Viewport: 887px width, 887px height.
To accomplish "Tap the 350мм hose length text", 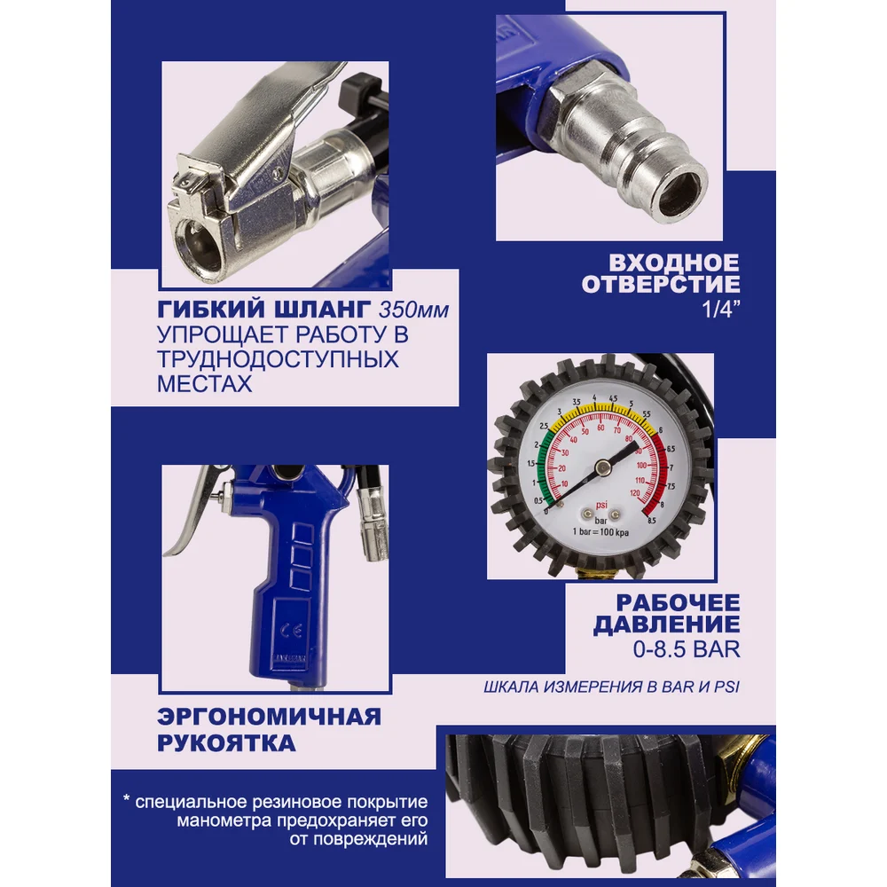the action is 413,310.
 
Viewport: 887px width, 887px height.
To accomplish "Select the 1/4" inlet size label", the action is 720,309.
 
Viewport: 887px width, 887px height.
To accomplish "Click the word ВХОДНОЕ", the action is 674,263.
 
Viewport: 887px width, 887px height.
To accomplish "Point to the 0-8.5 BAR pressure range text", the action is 687,649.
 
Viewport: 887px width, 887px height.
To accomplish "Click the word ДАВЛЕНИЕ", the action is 666,624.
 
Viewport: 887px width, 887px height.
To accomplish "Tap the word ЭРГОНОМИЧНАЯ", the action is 270,716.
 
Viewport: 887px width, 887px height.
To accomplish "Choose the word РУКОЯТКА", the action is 226,742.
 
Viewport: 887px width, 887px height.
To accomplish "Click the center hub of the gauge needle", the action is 602,467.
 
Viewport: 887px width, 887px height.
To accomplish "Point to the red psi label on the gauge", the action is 601,505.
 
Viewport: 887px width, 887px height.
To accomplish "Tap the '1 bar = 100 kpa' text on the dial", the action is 600,532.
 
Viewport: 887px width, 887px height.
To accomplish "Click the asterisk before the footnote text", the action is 127,800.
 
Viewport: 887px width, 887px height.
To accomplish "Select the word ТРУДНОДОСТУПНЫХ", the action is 278,359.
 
